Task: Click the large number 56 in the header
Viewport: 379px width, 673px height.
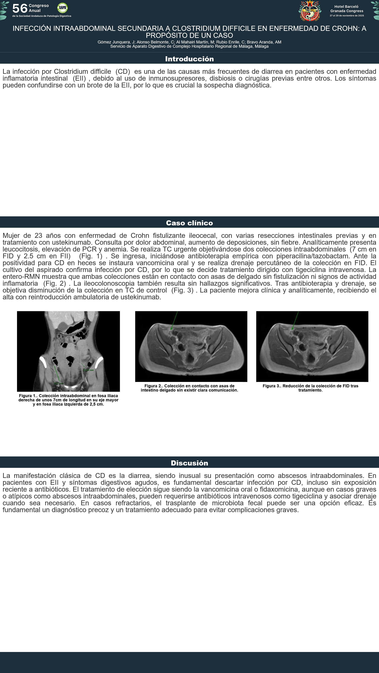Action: [x=20, y=8]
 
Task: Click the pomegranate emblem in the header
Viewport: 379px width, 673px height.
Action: [x=310, y=11]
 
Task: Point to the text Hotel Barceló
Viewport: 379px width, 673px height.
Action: [x=346, y=6]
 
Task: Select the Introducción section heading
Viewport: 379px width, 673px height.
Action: [x=189, y=59]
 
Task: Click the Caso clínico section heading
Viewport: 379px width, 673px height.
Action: [x=189, y=223]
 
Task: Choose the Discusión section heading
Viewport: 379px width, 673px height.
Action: [x=189, y=463]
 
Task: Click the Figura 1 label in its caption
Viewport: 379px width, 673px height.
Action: [x=28, y=396]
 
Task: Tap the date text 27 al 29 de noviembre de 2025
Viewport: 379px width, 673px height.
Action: [x=347, y=16]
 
